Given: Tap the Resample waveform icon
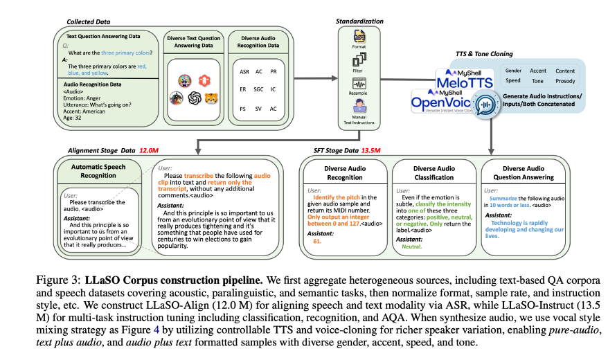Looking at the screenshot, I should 359,84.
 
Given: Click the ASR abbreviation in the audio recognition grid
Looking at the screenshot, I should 245,72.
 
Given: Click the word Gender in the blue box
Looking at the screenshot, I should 513,70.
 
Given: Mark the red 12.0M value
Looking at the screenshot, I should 150,149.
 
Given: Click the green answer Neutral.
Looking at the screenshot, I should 411,246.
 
